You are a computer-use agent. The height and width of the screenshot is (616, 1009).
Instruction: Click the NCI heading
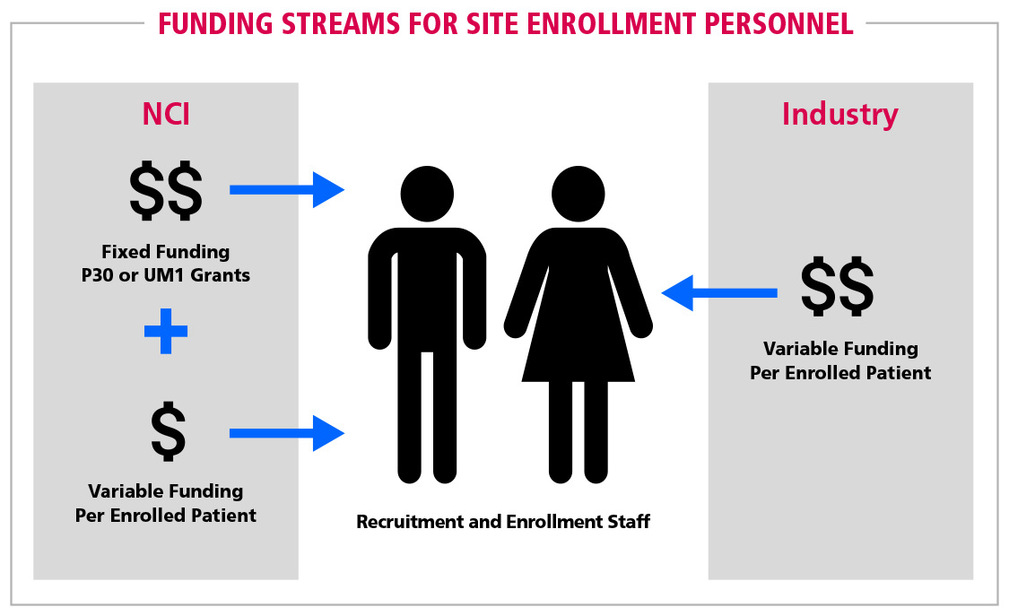click(x=166, y=114)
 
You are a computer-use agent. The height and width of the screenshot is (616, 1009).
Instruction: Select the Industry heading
click(x=839, y=115)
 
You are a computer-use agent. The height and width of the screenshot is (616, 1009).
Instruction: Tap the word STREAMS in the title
click(x=341, y=24)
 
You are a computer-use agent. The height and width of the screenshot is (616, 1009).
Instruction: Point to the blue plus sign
click(x=166, y=331)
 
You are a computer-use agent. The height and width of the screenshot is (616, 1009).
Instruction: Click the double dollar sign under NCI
click(x=166, y=191)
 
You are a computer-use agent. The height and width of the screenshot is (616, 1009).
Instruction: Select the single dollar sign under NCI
click(x=168, y=431)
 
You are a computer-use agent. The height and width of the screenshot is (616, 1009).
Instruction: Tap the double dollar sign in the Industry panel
click(x=837, y=287)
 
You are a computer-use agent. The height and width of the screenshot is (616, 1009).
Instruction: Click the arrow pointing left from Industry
click(x=719, y=293)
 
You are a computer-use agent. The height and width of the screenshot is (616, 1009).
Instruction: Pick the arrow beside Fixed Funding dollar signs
click(x=287, y=190)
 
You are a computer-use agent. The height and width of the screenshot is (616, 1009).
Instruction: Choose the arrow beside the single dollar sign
click(x=287, y=433)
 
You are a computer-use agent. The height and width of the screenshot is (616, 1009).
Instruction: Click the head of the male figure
click(x=427, y=194)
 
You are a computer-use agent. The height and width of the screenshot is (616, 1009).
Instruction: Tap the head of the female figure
click(x=578, y=194)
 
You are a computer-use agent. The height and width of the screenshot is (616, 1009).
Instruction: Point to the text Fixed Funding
click(x=165, y=251)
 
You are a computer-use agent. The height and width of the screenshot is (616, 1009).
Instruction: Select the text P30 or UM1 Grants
click(x=165, y=275)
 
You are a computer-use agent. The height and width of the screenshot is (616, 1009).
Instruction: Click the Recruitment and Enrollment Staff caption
click(x=503, y=522)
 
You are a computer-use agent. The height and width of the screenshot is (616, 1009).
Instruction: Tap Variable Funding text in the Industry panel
click(x=840, y=349)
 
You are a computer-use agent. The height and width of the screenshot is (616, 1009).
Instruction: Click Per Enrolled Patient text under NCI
click(x=165, y=516)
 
